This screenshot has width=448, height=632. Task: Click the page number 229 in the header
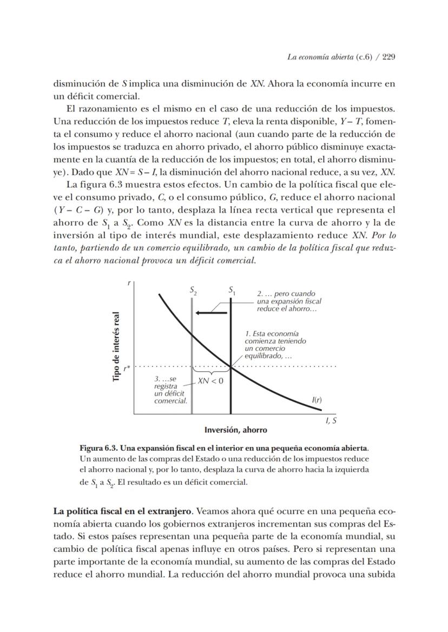388,57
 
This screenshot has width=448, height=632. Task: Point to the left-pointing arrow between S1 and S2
211,313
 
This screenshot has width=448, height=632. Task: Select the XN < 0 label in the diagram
210,380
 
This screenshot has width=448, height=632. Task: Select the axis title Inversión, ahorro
235,430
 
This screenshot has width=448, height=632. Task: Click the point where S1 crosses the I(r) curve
231,366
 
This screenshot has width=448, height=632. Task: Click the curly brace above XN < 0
211,372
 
